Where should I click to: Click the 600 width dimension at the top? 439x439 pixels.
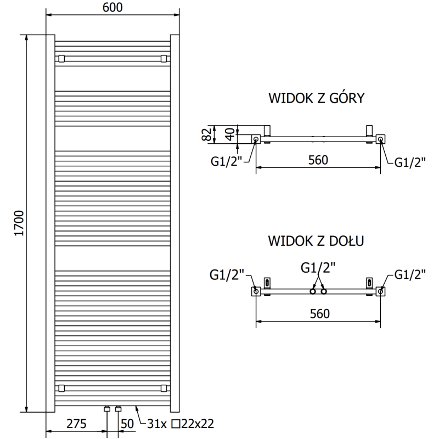coord(112,7)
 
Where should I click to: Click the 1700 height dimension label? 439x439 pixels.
coord(19,223)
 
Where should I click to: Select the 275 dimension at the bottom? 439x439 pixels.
coord(77,424)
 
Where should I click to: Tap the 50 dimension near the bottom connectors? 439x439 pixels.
coord(127,424)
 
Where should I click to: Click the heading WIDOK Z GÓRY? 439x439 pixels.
coord(317,98)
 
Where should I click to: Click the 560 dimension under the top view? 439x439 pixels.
coord(318,160)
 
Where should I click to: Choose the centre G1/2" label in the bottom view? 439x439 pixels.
coord(318,267)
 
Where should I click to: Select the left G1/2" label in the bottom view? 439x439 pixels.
coord(227,275)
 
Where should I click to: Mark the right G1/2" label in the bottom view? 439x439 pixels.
coord(410,275)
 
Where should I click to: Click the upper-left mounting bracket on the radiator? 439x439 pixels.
coord(61,58)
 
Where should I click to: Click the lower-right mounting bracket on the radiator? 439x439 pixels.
coord(164,389)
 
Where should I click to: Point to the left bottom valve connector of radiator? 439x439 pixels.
coord(108,409)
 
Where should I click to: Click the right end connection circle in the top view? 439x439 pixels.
coord(381,140)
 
